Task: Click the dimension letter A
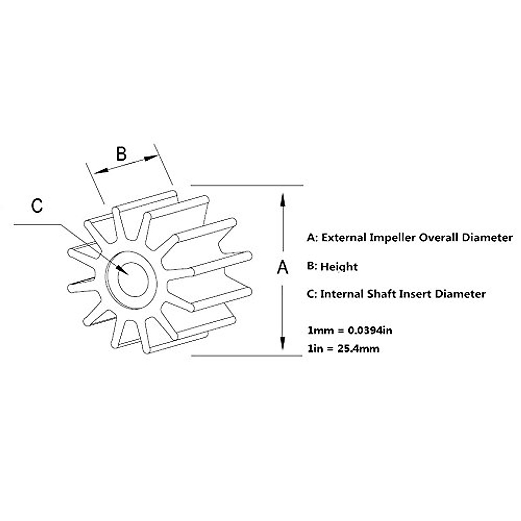pos(283,267)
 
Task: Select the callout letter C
pos(37,205)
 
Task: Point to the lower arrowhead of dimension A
pos(283,343)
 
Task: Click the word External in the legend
pos(343,237)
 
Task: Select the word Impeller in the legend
pos(392,237)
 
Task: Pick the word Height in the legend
pos(339,267)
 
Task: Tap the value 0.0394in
pos(370,330)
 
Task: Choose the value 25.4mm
pos(358,349)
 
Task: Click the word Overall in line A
pos(439,237)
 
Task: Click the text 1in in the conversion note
pos(316,349)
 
